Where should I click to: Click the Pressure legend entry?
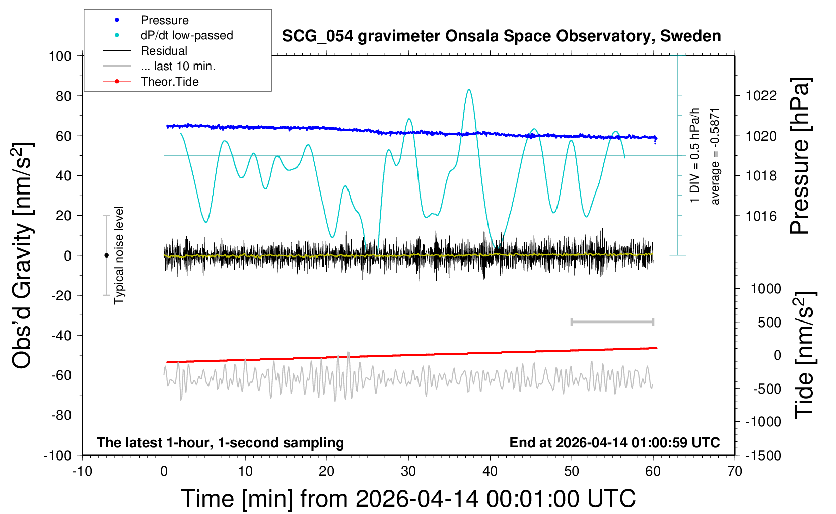point(164,20)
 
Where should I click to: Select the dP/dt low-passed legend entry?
point(186,35)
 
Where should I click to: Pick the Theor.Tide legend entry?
point(169,82)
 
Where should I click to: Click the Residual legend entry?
point(164,51)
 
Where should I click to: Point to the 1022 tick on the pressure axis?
point(761,96)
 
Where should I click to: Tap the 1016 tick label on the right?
point(761,216)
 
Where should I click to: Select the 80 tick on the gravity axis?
point(63,96)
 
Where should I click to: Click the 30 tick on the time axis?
point(408,471)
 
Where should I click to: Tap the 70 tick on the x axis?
point(735,471)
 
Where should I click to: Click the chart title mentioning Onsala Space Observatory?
point(501,36)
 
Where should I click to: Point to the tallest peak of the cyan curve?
point(469,90)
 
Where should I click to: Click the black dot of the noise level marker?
point(106,255)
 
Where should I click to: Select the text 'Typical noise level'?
point(119,255)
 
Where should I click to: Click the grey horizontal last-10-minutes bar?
point(612,322)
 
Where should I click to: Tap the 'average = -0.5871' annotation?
point(715,156)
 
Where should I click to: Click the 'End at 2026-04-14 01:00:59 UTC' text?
point(614,442)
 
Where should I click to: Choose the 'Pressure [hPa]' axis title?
point(800,156)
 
